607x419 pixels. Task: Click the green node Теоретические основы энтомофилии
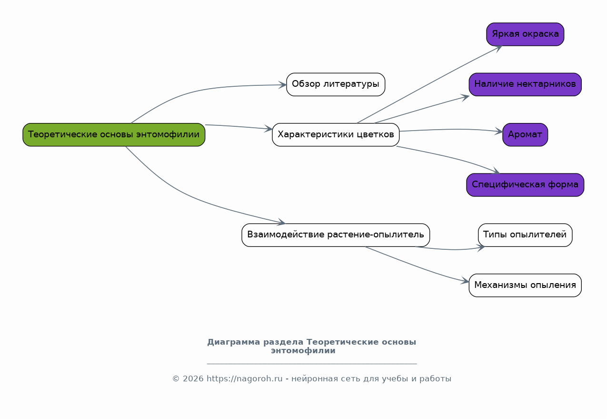tap(114, 134)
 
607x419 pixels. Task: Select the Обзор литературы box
tap(336, 84)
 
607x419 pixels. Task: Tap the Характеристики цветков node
tap(336, 134)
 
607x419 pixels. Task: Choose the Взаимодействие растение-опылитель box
tap(336, 235)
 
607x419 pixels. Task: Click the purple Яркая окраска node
tap(525, 34)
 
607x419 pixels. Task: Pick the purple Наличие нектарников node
tap(525, 84)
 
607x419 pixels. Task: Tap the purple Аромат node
tap(525, 134)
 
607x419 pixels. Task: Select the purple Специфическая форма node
tap(525, 185)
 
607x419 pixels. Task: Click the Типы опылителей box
tap(525, 235)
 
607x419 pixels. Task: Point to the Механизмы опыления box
tap(525, 285)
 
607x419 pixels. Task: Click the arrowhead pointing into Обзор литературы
tap(283, 85)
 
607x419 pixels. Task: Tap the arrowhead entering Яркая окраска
tap(498, 49)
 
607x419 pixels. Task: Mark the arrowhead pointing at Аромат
tap(499, 132)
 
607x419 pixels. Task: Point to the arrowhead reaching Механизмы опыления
tap(465, 281)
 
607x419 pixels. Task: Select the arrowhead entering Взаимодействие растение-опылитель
tap(281, 222)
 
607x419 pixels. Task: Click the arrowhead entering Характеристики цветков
tap(269, 129)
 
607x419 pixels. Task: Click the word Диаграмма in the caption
tap(234, 342)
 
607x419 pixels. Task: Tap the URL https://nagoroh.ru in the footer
tap(244, 378)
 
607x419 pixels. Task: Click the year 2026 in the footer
tap(193, 378)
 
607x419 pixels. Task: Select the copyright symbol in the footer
tap(176, 378)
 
